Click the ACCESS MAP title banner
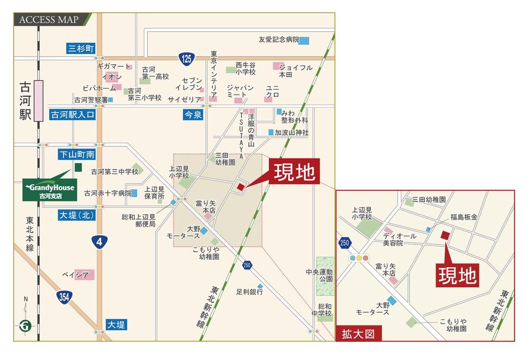[51, 20]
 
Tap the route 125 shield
[185, 58]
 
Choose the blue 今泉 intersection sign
[193, 114]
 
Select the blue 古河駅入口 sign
[73, 115]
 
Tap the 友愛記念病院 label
[279, 40]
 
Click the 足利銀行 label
[250, 292]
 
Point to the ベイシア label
[74, 274]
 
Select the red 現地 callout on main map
[294, 172]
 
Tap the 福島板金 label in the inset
[464, 217]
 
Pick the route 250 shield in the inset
[345, 242]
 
